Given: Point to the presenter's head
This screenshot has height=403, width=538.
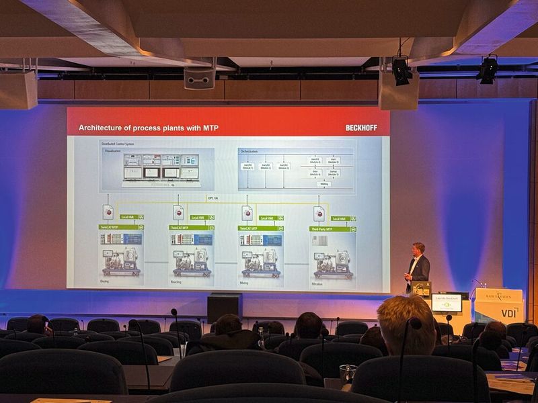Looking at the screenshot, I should coord(419,249).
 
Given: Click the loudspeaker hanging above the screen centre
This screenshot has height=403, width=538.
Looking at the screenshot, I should coord(200,78).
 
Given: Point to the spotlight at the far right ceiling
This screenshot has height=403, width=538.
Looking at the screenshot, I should coord(488,69).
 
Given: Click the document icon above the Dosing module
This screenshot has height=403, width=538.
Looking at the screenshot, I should coord(108,212).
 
